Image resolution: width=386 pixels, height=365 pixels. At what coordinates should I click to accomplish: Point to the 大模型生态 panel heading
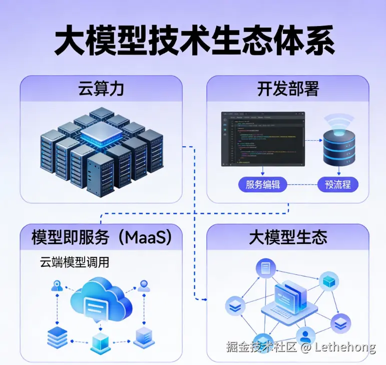pyautogui.click(x=288, y=237)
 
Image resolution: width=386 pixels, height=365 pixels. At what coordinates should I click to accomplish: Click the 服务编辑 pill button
pyautogui.click(x=263, y=185)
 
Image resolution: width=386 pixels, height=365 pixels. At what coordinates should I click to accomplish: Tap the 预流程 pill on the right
pyautogui.click(x=338, y=185)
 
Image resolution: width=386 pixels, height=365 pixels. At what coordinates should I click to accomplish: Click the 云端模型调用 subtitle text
pyautogui.click(x=74, y=262)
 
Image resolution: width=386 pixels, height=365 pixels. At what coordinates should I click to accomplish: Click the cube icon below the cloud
pyautogui.click(x=100, y=342)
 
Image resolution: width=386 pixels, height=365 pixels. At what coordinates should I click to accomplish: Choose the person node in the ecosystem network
pyautogui.click(x=305, y=335)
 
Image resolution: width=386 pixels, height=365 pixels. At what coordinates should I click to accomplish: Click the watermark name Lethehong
pyautogui.click(x=345, y=347)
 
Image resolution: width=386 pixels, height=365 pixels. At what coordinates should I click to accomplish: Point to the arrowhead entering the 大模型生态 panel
pyautogui.click(x=204, y=299)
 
